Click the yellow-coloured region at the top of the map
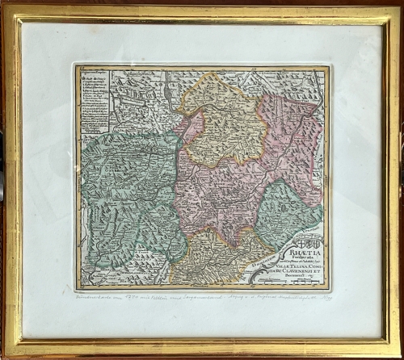[x=218, y=121]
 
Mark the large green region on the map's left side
[x=125, y=194]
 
